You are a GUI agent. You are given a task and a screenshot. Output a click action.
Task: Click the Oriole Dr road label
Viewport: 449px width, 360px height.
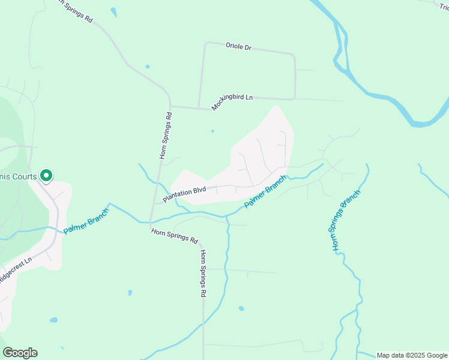(238, 46)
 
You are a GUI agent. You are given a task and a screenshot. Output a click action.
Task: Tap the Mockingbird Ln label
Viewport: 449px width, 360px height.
(232, 102)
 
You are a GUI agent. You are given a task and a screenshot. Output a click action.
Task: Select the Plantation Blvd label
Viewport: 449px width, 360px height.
(184, 193)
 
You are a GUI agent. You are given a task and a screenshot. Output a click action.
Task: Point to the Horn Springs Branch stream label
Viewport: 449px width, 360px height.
(346, 220)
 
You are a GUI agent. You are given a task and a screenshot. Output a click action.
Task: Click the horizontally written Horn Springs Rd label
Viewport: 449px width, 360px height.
(174, 235)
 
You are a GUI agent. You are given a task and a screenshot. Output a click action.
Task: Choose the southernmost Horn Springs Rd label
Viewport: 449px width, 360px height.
(203, 274)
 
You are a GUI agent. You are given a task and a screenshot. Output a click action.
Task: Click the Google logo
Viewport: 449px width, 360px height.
(20, 353)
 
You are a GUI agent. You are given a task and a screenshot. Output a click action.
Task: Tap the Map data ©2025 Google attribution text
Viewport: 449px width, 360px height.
(412, 355)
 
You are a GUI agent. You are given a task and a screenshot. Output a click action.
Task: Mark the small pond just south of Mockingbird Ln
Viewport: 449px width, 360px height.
(212, 130)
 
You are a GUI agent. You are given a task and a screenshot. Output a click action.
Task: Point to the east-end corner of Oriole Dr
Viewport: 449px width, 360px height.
(294, 55)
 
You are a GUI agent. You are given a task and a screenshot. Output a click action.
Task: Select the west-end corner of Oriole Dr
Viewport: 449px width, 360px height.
(206, 43)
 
